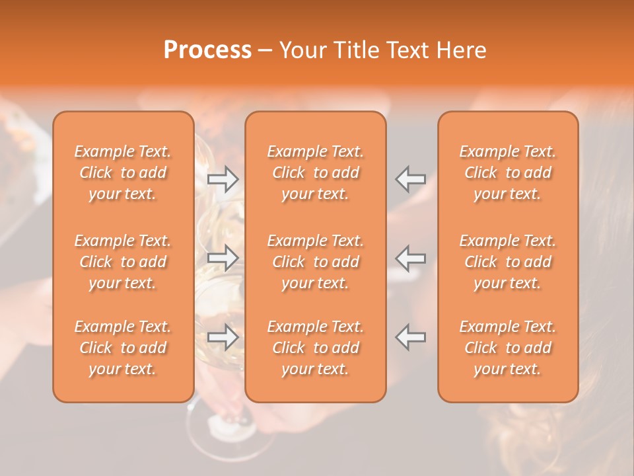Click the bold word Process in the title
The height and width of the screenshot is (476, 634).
pos(207,50)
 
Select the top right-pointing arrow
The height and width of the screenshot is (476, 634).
pos(223,179)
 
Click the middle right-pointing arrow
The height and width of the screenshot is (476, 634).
pos(223,258)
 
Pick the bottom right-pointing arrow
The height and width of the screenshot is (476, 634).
pos(223,337)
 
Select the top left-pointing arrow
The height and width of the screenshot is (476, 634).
pos(410,179)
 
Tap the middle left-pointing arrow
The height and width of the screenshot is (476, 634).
pos(410,258)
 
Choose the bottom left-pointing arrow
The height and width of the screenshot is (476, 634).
pos(410,337)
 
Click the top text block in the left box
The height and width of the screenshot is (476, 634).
pos(123,173)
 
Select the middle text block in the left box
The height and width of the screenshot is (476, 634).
pos(123,262)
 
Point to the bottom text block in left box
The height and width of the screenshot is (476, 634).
pos(123,348)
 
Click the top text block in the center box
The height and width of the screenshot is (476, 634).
pos(316,173)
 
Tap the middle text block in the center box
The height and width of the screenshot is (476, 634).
pos(316,262)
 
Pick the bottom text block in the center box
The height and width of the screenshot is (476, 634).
pos(316,348)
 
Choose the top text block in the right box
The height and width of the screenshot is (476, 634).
pos(508,173)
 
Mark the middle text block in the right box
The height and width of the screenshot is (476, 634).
pos(508,262)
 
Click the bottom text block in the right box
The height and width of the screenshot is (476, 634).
pos(508,348)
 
